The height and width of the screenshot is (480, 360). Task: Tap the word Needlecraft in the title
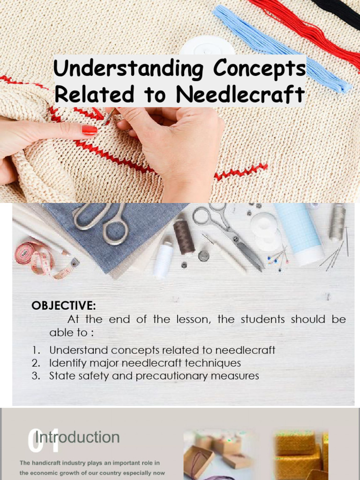point(240,94)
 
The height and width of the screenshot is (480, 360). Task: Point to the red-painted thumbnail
point(89,130)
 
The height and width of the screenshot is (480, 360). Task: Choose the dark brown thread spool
point(184,236)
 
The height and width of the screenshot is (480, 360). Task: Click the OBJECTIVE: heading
point(63,306)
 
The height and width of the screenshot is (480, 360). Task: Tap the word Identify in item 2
point(67,363)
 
